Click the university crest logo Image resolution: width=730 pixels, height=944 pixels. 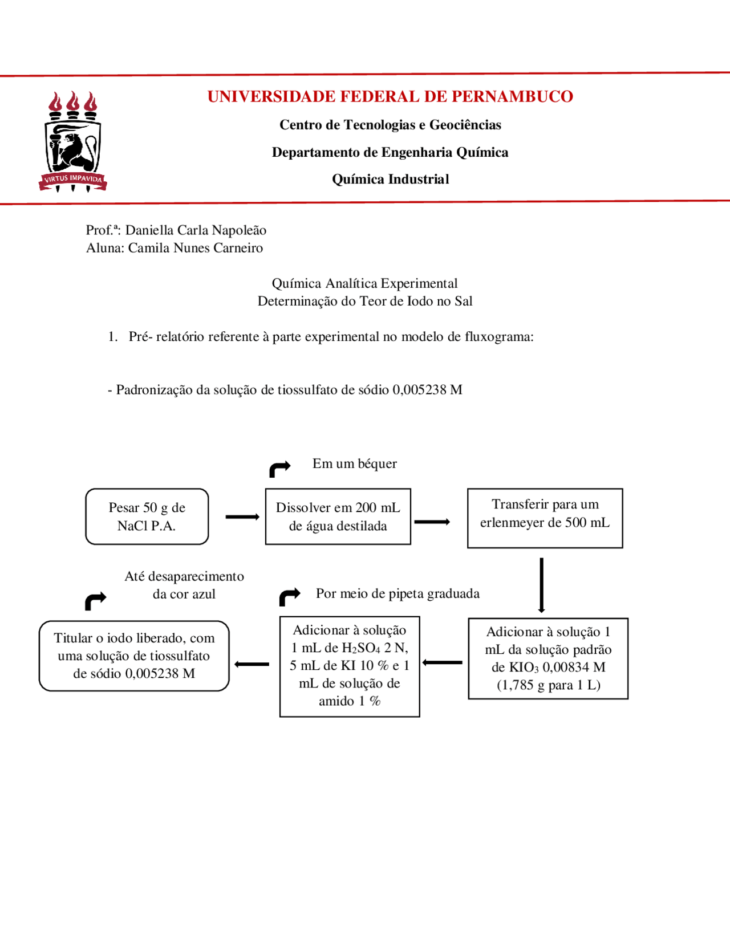72,141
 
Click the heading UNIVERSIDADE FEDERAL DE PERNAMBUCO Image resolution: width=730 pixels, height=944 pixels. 390,96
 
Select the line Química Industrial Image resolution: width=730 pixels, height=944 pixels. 390,180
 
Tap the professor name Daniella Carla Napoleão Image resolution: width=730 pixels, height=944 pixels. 196,230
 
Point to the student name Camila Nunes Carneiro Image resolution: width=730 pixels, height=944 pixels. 195,248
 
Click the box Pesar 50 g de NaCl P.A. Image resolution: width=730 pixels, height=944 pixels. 147,516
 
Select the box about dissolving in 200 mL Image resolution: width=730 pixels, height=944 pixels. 338,516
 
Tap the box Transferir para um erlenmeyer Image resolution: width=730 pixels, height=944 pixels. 545,518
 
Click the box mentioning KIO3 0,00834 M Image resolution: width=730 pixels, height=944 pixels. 547,658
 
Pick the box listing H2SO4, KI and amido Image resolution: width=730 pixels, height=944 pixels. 350,666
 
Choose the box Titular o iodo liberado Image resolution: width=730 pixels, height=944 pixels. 134,656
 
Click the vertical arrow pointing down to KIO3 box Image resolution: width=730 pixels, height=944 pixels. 541,585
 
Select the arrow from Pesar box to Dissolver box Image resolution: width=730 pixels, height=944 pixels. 242,517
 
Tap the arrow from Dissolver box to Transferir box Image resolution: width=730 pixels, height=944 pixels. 432,522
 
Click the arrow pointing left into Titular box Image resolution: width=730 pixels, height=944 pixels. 252,664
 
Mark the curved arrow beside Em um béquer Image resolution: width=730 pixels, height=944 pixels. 279,469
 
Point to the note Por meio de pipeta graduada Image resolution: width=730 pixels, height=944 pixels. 398,594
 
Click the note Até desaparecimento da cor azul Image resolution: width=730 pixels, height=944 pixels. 184,585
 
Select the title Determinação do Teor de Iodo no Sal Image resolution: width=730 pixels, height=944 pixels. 365,302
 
